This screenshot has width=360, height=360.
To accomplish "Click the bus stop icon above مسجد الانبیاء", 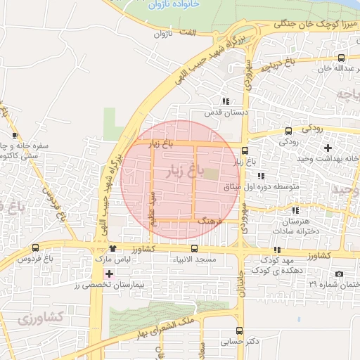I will [x=194, y=248].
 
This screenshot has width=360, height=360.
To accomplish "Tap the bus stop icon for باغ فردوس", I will [x=36, y=247].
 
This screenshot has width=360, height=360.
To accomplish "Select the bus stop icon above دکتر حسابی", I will [x=239, y=330].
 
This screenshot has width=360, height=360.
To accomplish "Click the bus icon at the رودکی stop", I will [x=288, y=131].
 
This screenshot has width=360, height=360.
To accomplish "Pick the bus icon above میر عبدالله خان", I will [x=341, y=58].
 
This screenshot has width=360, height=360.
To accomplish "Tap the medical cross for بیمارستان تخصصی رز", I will [x=108, y=273].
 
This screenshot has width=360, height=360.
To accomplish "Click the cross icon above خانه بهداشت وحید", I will [x=327, y=148].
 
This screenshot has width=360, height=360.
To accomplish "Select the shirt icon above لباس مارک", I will [x=112, y=248].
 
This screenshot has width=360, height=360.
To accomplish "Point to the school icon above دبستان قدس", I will [x=225, y=101].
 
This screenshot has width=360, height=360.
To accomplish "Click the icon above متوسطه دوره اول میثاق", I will [x=261, y=176].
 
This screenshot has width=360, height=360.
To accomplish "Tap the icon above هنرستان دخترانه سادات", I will [x=295, y=210].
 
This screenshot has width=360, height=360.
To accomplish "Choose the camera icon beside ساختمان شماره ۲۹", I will [x=340, y=274].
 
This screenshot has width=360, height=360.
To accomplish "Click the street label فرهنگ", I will [x=210, y=221].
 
